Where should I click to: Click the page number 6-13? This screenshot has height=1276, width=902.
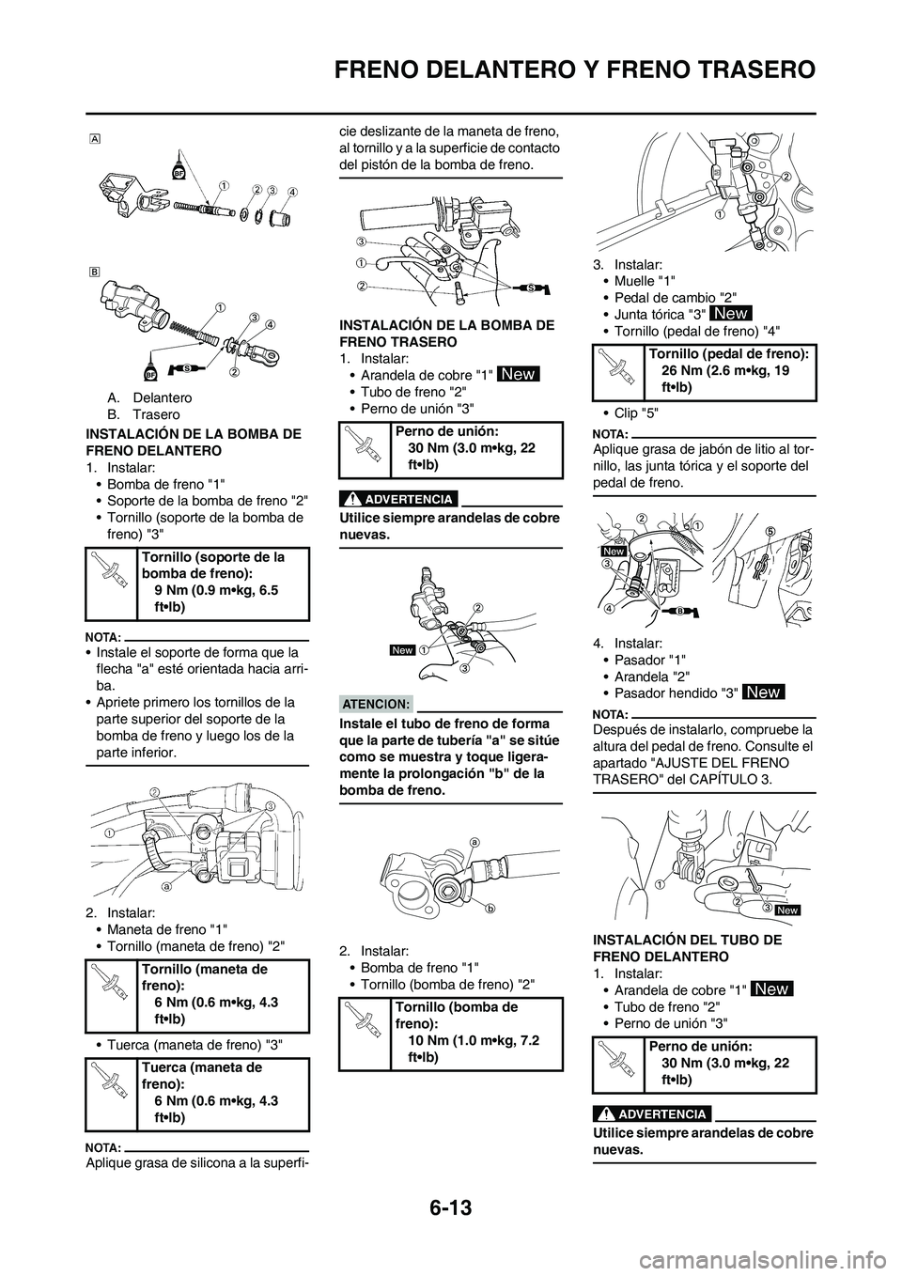click(450, 1201)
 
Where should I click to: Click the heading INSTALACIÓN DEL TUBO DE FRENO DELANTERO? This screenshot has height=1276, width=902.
click(688, 947)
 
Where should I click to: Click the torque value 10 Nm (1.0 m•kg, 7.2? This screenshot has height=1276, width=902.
click(472, 1040)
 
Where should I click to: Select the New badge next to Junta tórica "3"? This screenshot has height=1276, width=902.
click(731, 312)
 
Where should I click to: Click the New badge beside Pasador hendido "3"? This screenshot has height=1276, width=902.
click(763, 692)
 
